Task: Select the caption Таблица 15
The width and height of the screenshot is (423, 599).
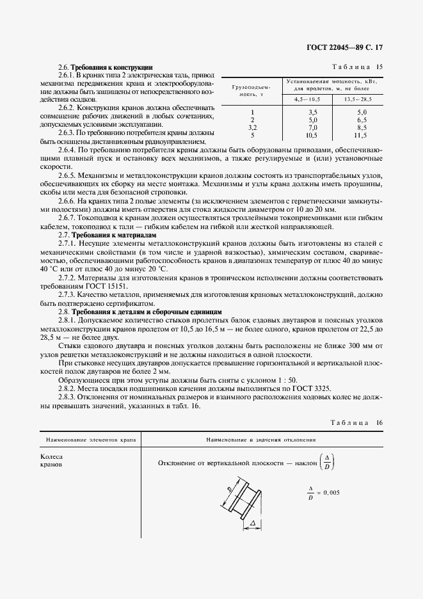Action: click(356, 67)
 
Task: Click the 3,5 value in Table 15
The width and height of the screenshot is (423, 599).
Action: click(313, 111)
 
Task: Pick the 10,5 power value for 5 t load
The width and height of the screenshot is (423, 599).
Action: click(313, 135)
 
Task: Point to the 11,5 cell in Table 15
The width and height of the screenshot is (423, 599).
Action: click(360, 135)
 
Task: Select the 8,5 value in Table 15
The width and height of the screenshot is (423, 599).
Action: click(360, 127)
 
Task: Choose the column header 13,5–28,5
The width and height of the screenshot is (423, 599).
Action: click(360, 99)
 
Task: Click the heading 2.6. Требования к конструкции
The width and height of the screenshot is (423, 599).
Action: click(105, 67)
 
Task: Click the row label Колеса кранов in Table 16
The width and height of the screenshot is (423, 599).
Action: click(51, 461)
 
